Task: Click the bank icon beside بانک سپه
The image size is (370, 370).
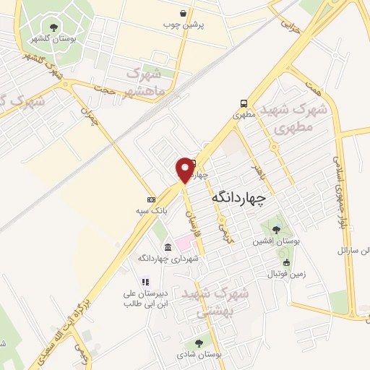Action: tap(151, 199)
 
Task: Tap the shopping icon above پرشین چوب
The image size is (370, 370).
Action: tap(184, 13)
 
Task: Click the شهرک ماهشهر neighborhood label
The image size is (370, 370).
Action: tap(150, 83)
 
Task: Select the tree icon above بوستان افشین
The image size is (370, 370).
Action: tap(276, 229)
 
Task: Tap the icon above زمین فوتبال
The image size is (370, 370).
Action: tap(288, 263)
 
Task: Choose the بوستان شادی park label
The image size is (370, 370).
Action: tap(197, 355)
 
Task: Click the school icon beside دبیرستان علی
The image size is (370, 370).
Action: tap(145, 283)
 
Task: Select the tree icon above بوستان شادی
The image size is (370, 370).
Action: tap(198, 344)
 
